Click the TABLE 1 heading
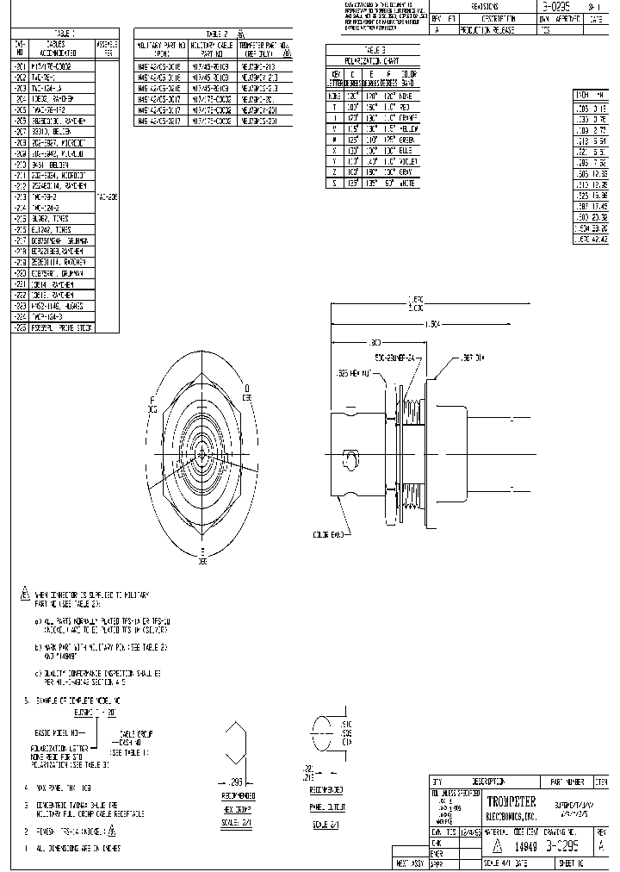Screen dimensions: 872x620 64,34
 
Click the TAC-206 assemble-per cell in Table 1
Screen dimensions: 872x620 107,196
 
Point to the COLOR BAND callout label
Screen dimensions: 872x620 330,535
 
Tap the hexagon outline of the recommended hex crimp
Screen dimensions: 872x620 237,747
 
